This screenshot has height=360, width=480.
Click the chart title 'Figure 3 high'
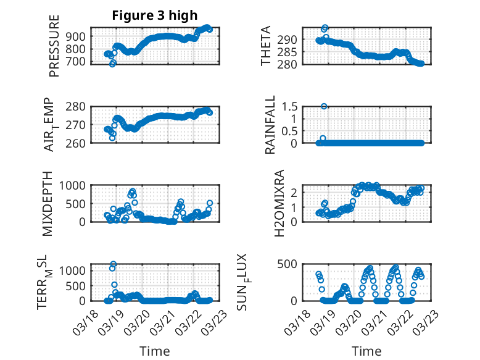coord(154,15)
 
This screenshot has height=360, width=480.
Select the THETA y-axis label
coord(266,46)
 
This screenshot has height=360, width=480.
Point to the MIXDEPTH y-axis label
coord(48,203)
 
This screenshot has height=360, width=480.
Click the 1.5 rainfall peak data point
coord(324,106)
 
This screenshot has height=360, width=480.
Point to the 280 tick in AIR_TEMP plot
coord(78,106)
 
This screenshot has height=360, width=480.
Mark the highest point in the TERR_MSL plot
coord(114,264)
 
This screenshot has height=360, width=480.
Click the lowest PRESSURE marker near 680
coord(112,64)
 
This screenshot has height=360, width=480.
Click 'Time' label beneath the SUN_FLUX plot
coord(366,351)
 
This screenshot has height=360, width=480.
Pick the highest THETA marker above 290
coord(325,28)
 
